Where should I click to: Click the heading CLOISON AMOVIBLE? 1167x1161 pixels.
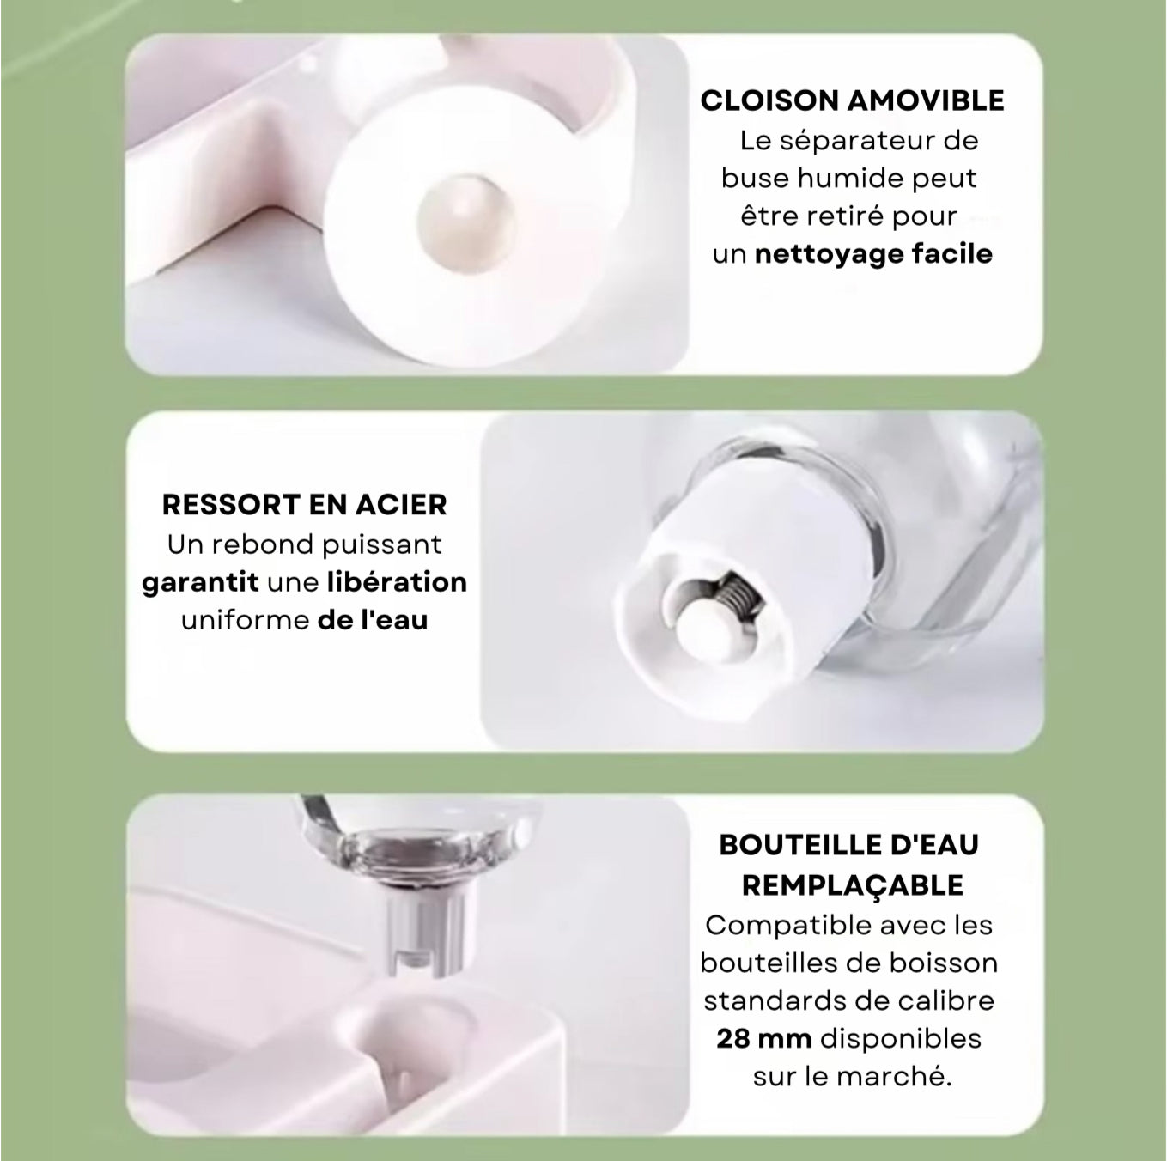[x=852, y=100]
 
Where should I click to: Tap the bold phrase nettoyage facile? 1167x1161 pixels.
[x=873, y=254]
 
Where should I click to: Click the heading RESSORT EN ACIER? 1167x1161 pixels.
[x=305, y=505]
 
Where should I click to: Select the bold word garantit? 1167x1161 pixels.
[x=200, y=582]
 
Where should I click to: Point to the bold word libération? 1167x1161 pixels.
[x=398, y=582]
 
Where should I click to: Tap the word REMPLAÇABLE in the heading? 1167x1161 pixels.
[x=852, y=886]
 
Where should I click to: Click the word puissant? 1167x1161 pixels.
[x=381, y=544]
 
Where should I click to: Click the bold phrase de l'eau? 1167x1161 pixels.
[x=373, y=620]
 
